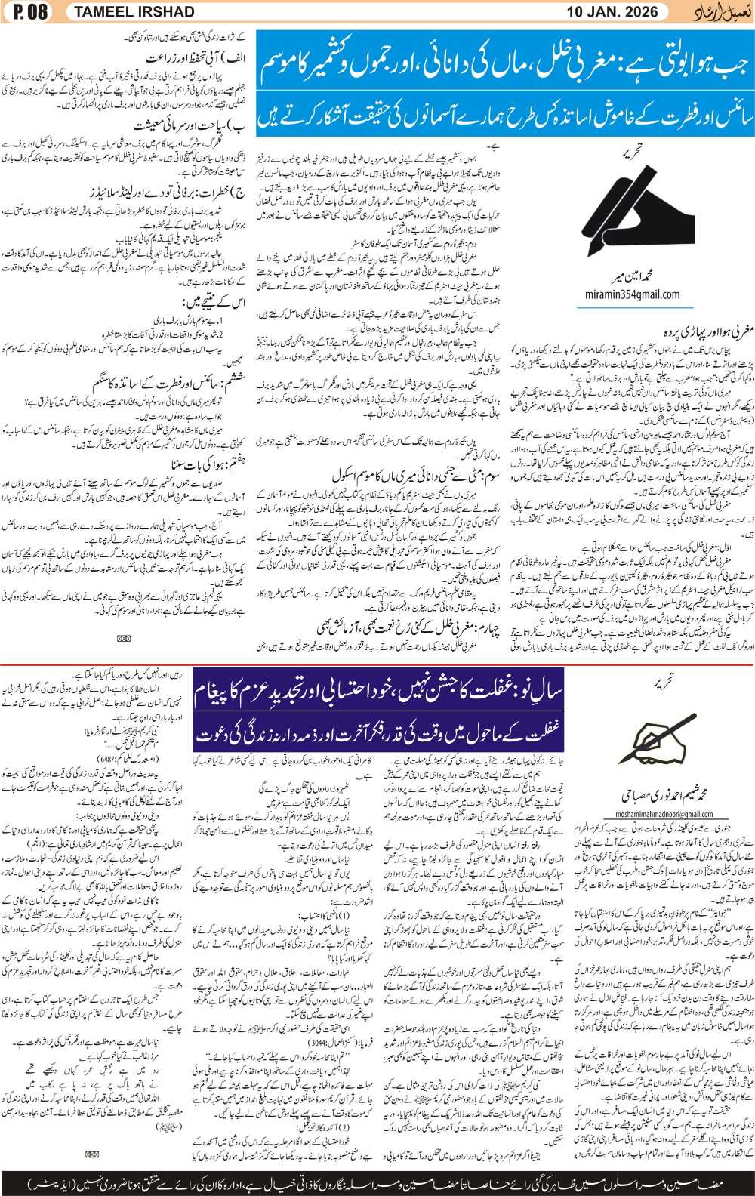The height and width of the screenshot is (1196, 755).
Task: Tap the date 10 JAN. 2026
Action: point(612,12)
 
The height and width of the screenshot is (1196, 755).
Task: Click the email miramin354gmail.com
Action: point(632,294)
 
